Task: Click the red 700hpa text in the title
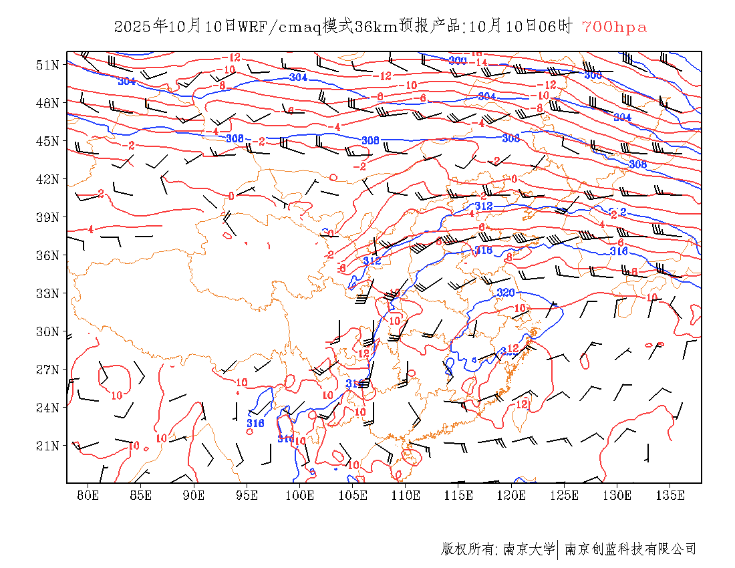(614, 27)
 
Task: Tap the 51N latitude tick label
(47, 65)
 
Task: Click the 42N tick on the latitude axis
(47, 179)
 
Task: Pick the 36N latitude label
(47, 255)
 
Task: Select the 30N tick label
(47, 331)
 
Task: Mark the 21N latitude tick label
(47, 446)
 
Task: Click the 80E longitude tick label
(88, 495)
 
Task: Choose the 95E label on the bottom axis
(247, 495)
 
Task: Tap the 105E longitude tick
(353, 495)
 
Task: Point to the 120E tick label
(512, 495)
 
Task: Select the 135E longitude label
(670, 495)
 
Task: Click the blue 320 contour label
(506, 293)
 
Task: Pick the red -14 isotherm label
(478, 62)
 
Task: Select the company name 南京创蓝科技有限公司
(630, 549)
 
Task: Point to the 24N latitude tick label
(47, 408)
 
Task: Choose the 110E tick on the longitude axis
(406, 495)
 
